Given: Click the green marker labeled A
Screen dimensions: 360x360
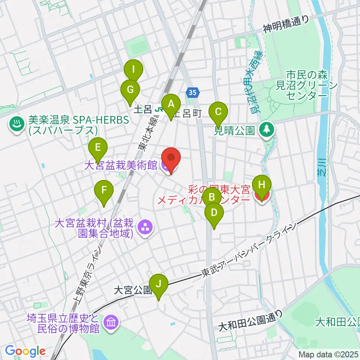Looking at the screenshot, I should [171, 104].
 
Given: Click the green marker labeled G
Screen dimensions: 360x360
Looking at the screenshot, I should [130, 90].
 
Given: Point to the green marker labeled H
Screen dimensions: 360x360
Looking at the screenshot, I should [262, 184].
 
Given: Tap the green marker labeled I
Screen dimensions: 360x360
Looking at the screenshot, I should [134, 69].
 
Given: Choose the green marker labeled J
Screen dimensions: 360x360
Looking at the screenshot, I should [159, 283].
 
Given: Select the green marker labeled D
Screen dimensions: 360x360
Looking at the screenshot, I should [214, 213].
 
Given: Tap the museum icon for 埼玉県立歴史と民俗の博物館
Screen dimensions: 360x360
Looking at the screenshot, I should [111, 322].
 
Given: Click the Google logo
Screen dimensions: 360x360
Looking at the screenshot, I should [25, 351].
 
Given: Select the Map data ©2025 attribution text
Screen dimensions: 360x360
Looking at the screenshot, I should [328, 354].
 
